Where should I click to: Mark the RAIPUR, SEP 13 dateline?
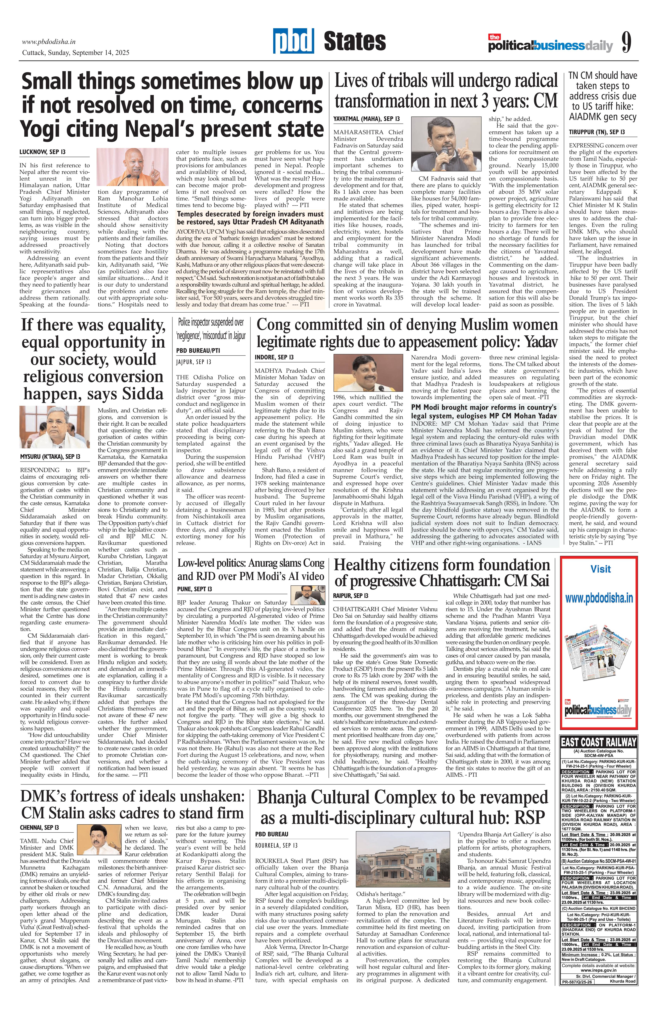[x=351, y=595]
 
